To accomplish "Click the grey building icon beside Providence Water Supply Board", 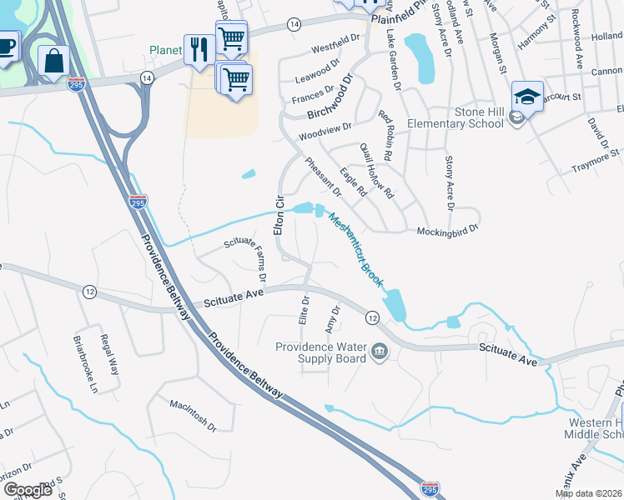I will pyautogui.click(x=380, y=352).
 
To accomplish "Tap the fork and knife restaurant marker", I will pyautogui.click(x=198, y=50).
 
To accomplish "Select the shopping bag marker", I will pyautogui.click(x=54, y=61).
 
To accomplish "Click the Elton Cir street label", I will pyautogui.click(x=280, y=215).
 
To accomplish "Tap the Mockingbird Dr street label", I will pyautogui.click(x=448, y=227).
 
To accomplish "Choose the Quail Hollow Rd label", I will pyautogui.click(x=376, y=169).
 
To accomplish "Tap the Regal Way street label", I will pyautogui.click(x=110, y=353).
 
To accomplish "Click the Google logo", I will pyautogui.click(x=28, y=490).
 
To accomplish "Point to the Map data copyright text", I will pyautogui.click(x=589, y=493).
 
